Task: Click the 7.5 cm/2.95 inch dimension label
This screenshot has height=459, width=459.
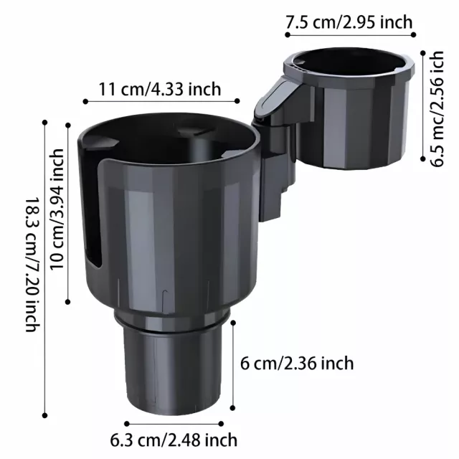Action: (x=349, y=22)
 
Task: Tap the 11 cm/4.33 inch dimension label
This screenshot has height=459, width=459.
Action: (x=159, y=89)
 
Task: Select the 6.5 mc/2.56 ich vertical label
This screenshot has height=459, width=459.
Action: (x=437, y=108)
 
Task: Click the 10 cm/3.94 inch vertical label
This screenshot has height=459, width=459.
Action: (x=57, y=209)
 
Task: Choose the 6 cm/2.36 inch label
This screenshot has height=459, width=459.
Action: (x=297, y=364)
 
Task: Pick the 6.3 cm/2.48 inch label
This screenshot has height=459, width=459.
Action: (x=174, y=440)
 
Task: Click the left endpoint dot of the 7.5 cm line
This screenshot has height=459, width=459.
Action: (x=288, y=35)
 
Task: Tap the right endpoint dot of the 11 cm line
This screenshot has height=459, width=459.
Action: (x=237, y=101)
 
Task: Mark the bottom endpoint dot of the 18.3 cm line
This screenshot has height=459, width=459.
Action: (x=44, y=415)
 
